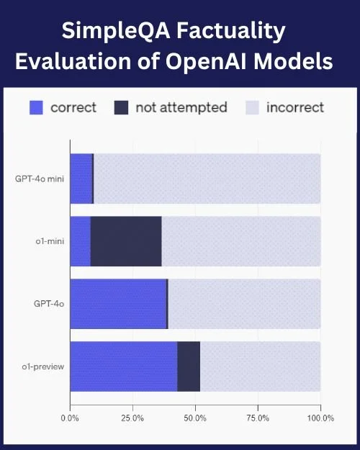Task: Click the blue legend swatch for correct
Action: [36, 108]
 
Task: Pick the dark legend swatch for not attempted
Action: [122, 108]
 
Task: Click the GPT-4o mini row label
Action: [40, 178]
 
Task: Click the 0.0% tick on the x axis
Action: [70, 418]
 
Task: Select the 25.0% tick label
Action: [132, 418]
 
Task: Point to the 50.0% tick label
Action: [195, 418]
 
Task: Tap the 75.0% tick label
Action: [258, 418]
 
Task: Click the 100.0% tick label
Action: [320, 418]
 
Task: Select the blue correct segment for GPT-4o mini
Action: [81, 178]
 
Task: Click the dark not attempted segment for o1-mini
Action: [126, 241]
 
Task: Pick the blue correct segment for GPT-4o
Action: [118, 304]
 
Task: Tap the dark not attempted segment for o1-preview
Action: [189, 366]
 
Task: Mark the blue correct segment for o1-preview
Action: [123, 366]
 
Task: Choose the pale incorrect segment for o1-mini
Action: [241, 241]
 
